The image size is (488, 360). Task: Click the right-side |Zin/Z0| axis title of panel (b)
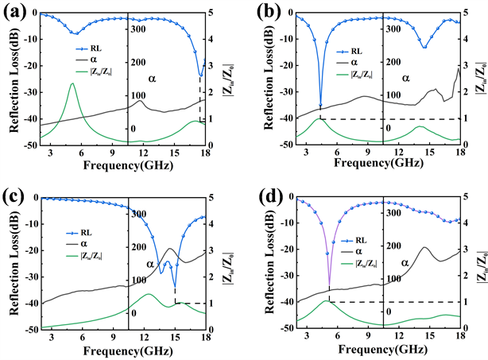point(482,79)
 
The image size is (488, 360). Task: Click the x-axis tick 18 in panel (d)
point(459,339)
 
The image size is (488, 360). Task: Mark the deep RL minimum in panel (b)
point(321,106)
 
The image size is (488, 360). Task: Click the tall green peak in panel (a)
point(72,83)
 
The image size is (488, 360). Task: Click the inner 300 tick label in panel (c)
point(141,214)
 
